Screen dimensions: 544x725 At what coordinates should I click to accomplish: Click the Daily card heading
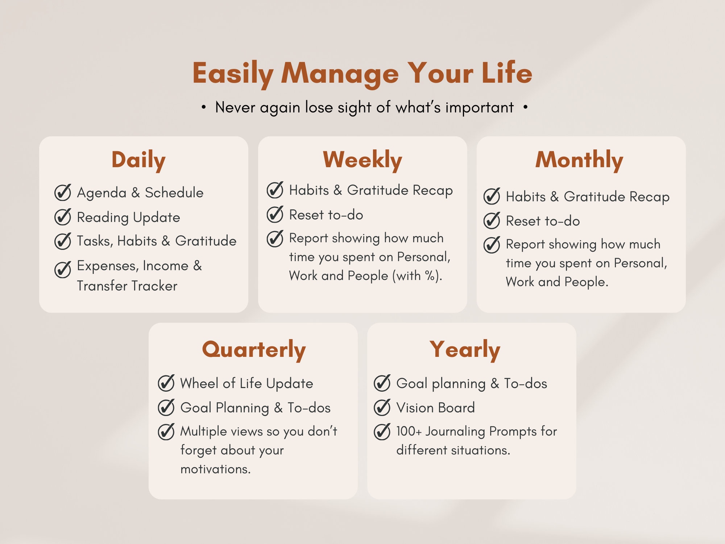[x=138, y=160]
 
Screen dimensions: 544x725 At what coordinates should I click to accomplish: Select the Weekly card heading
[x=362, y=160]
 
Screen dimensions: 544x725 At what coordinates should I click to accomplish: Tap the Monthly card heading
[x=579, y=160]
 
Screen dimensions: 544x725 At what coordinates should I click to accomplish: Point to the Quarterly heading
[x=254, y=350]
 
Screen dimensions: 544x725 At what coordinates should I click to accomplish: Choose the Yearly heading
[x=465, y=350]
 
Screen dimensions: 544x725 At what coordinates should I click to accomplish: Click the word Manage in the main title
[x=340, y=74]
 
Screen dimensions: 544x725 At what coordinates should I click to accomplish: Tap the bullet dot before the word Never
[x=204, y=107]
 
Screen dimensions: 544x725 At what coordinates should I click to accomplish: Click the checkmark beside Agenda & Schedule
[x=63, y=193]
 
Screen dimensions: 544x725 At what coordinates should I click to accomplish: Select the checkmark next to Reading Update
[x=63, y=217]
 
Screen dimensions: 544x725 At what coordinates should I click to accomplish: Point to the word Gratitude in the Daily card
[x=206, y=241]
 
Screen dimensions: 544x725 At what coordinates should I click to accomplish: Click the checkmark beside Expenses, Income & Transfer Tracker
[x=63, y=269]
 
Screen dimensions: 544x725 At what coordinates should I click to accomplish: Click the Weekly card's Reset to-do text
[x=326, y=215]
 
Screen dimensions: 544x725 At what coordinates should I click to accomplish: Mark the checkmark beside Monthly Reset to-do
[x=492, y=221]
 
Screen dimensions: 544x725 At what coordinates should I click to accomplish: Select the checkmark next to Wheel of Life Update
[x=166, y=383]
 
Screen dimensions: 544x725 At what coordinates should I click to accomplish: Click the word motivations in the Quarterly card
[x=215, y=469]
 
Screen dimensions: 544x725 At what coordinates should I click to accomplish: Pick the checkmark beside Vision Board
[x=382, y=407]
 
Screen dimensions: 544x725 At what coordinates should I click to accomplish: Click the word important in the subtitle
[x=479, y=108]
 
